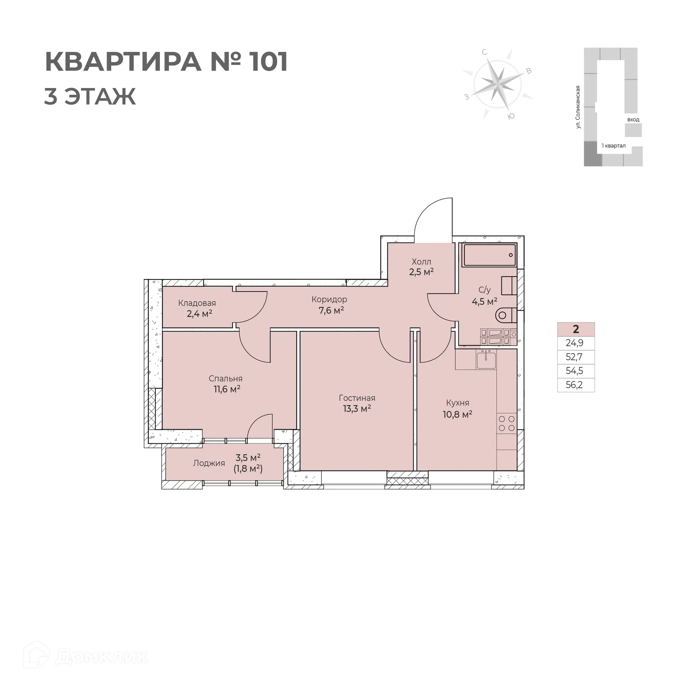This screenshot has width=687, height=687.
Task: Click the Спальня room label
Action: [225, 379]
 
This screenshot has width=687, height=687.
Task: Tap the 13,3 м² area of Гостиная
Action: [357, 409]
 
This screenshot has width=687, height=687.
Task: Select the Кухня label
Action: [457, 403]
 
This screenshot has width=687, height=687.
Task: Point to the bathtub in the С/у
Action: [489, 255]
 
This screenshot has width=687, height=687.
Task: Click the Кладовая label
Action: [197, 303]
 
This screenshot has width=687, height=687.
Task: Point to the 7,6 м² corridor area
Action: [331, 310]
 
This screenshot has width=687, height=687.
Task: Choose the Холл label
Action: [422, 262]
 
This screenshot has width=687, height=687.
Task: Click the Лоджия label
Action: [209, 463]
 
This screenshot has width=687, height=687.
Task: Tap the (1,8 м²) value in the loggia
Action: [248, 469]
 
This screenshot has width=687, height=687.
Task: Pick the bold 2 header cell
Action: [576, 329]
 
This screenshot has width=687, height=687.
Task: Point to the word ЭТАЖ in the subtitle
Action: [100, 96]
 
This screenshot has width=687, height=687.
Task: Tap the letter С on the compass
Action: [484, 53]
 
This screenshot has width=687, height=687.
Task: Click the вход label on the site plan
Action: [633, 120]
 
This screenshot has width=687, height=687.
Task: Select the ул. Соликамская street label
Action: [578, 107]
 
